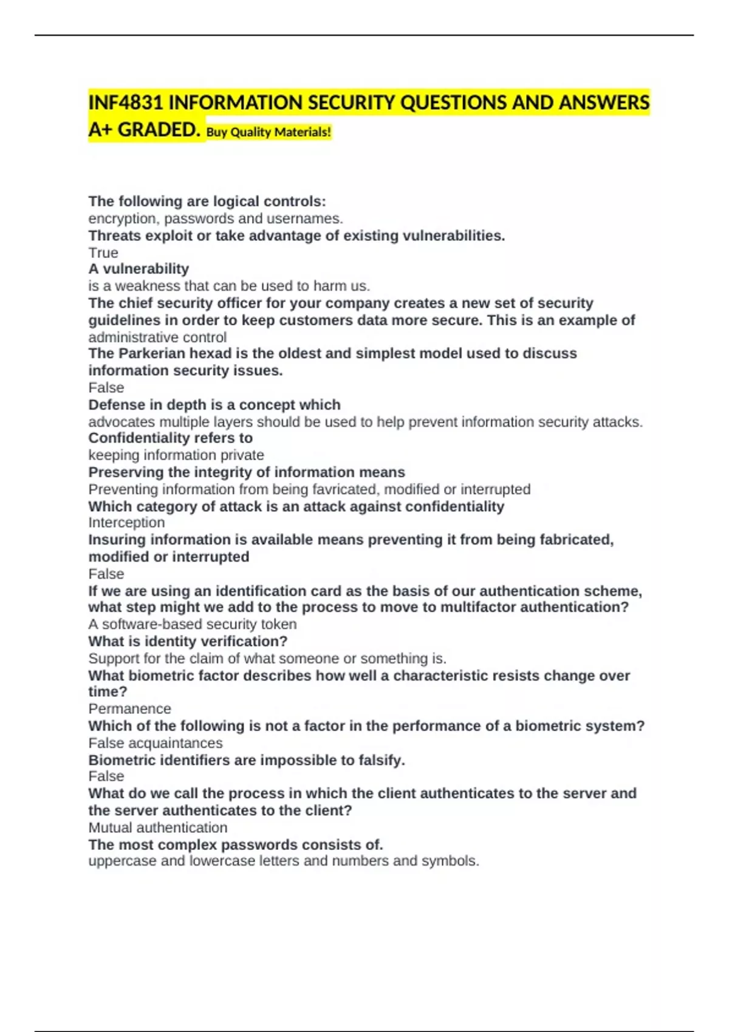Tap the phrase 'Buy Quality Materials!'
point(269,132)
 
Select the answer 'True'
point(103,253)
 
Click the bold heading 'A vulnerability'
point(139,269)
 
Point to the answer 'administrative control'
point(157,337)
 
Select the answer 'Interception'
point(126,523)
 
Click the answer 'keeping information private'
point(176,455)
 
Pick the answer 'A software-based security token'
point(193,624)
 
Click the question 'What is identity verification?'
point(188,641)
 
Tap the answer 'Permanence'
point(129,708)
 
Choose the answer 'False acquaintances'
point(156,743)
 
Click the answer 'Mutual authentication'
point(158,827)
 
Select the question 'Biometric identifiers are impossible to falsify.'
point(247,760)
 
